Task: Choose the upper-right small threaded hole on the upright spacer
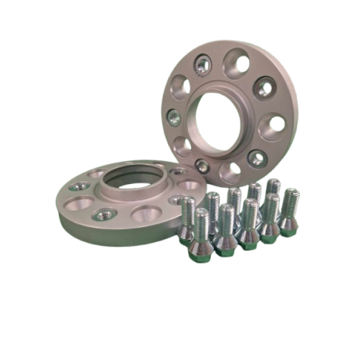tap(267, 92)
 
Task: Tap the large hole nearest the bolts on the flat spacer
tap(149, 215)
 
